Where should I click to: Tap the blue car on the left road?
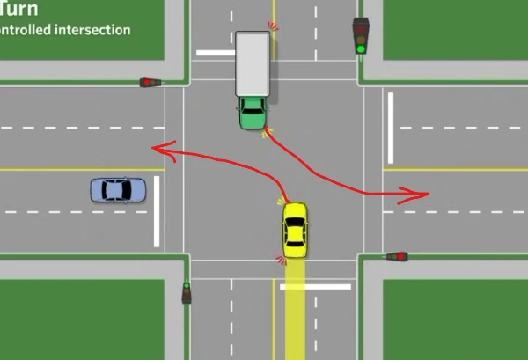pyautogui.click(x=117, y=189)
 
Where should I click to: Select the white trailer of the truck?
pyautogui.click(x=253, y=63)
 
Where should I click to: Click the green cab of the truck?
pyautogui.click(x=253, y=113)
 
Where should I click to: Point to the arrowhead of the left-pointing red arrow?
pyautogui.click(x=156, y=150)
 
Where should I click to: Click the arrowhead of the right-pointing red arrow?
pyautogui.click(x=426, y=192)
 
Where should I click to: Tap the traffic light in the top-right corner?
pyautogui.click(x=361, y=35)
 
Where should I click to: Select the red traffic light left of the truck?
pyautogui.click(x=151, y=83)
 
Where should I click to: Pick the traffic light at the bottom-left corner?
pyautogui.click(x=187, y=292)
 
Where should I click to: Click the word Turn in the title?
pyautogui.click(x=18, y=10)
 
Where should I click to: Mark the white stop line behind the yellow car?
pyautogui.click(x=315, y=286)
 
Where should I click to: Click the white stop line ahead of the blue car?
pyautogui.click(x=157, y=211)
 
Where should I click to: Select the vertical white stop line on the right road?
pyautogui.click(x=391, y=116)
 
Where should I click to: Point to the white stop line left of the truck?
pyautogui.click(x=215, y=53)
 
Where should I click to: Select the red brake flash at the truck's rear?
pyautogui.click(x=274, y=26)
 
